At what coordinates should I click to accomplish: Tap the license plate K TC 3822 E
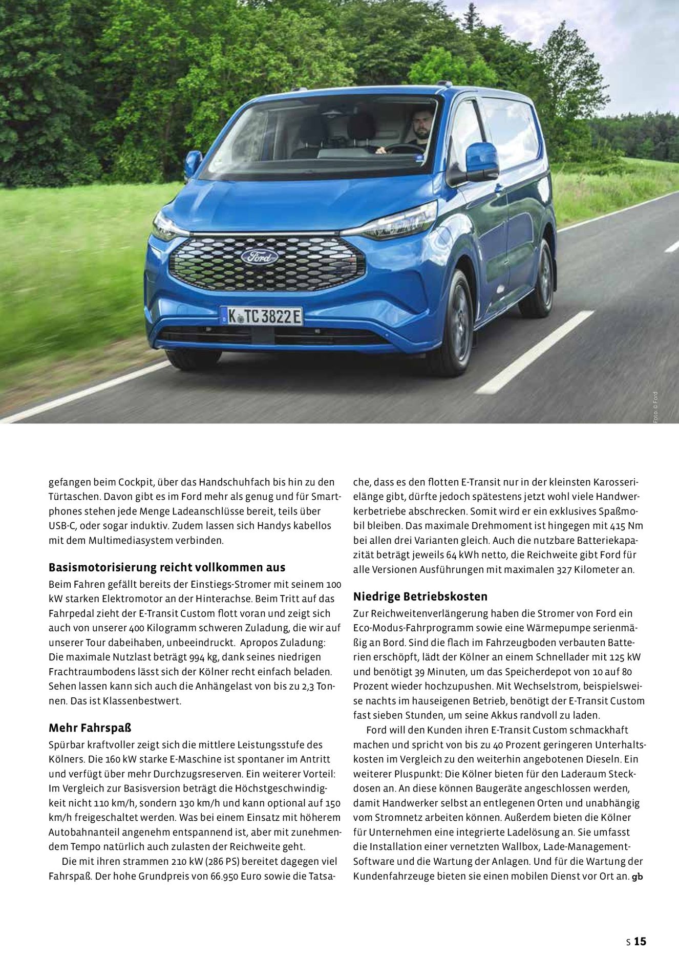(262, 316)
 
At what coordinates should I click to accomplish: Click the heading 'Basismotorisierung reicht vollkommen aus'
(167, 567)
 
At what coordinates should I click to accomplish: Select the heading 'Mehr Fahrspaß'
(90, 728)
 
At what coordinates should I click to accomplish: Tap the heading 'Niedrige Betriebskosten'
(420, 596)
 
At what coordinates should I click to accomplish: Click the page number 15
(640, 941)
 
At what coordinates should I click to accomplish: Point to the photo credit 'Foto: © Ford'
(655, 407)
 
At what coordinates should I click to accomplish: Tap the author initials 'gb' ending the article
(638, 877)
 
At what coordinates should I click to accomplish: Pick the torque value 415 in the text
(618, 526)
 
